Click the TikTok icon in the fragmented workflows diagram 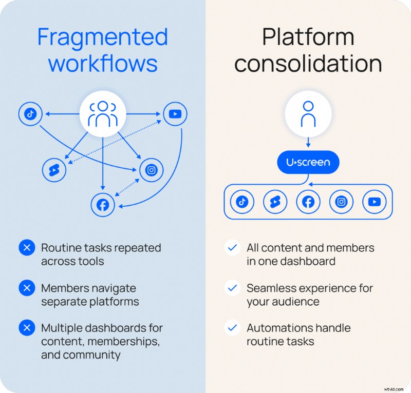(30, 114)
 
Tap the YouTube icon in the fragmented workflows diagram (175, 114)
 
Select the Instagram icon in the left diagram (151, 170)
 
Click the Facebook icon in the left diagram (103, 205)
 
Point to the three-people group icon (103, 114)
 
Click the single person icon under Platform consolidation (308, 114)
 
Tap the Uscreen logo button (308, 163)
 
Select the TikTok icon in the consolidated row (242, 202)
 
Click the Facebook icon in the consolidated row (308, 202)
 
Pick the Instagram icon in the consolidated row (341, 202)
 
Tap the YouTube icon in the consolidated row (374, 202)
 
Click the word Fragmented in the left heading (103, 37)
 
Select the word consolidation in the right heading (308, 64)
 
